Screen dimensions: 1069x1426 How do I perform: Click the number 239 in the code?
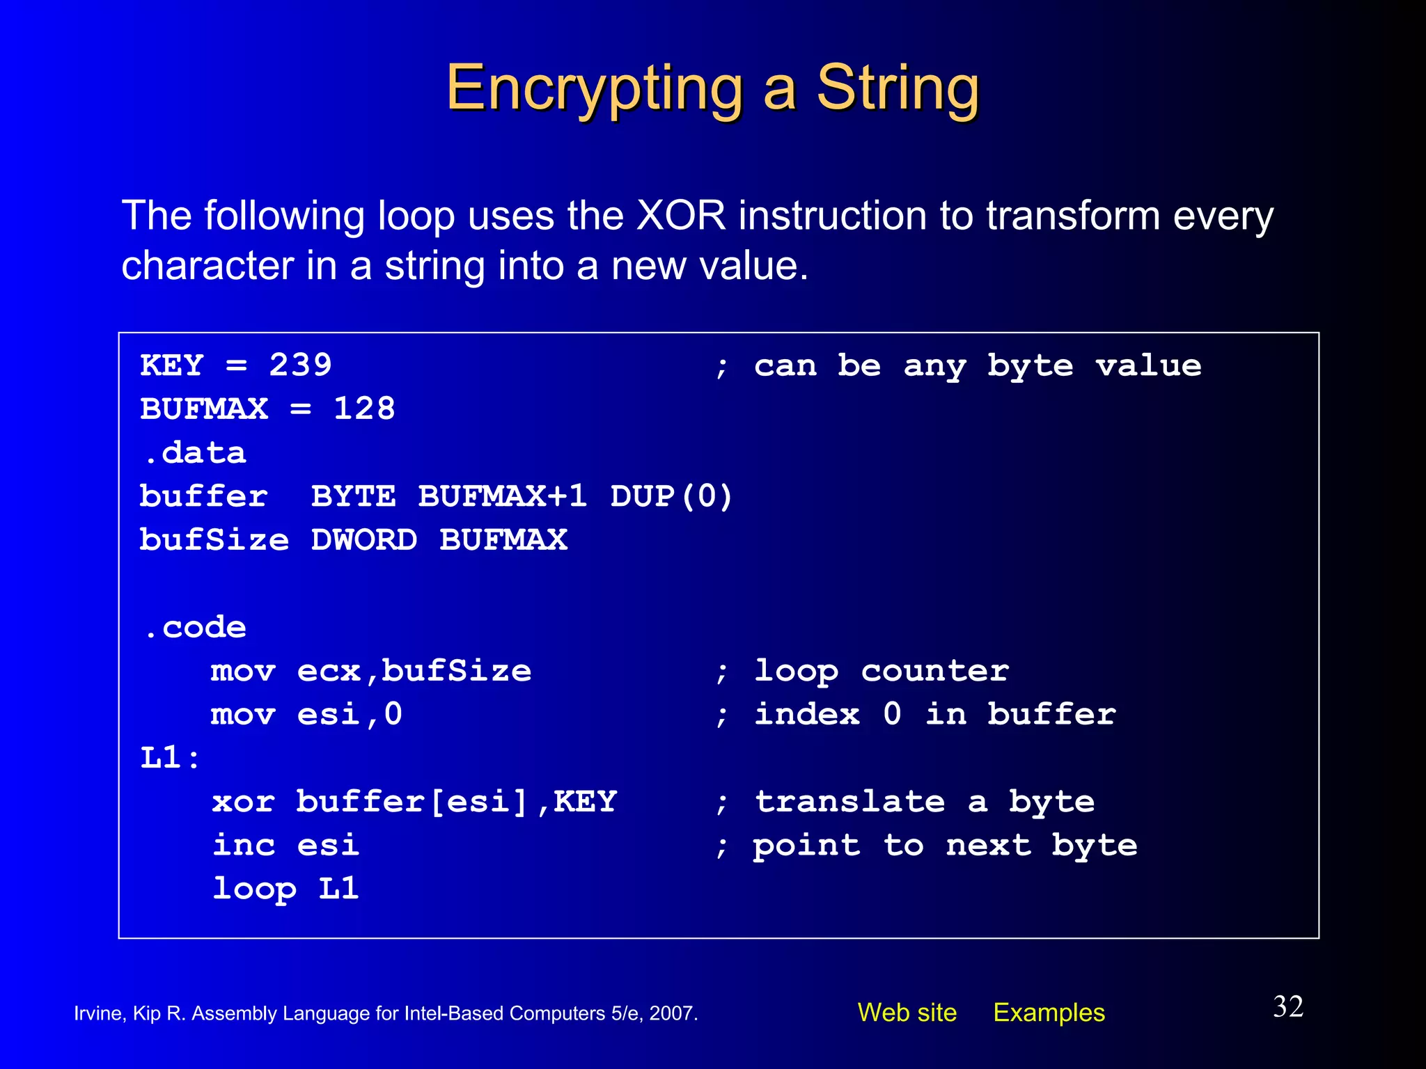tap(300, 365)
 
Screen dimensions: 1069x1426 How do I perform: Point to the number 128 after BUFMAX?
tap(364, 409)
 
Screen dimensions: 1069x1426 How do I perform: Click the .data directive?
tap(194, 453)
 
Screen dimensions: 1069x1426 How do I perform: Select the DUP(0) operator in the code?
tap(671, 496)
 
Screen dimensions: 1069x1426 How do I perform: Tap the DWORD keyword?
tap(364, 540)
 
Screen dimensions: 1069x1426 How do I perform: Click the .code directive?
tap(194, 628)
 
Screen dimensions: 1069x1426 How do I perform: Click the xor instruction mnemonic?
tap(244, 802)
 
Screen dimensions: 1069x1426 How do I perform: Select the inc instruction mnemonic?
tap(244, 845)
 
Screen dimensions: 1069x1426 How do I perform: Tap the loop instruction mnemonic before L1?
tap(254, 889)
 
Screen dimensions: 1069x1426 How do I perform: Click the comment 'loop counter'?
tap(881, 671)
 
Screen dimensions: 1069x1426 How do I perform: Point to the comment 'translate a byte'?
tap(924, 802)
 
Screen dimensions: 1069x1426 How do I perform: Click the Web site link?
tap(907, 1013)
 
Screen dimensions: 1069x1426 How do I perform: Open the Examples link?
tap(1049, 1013)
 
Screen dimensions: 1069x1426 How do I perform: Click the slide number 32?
tap(1288, 1006)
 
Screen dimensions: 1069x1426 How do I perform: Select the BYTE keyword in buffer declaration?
tap(354, 496)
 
